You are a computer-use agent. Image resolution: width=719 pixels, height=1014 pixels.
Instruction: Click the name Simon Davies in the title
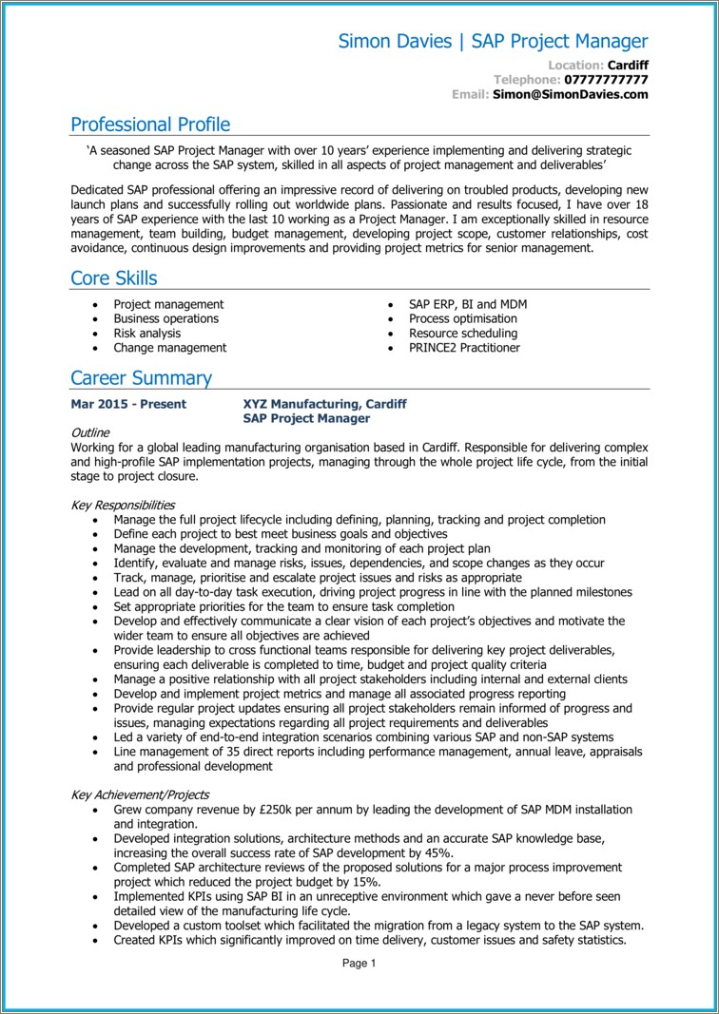pyautogui.click(x=395, y=41)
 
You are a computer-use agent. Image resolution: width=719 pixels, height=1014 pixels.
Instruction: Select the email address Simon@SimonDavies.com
pyautogui.click(x=571, y=94)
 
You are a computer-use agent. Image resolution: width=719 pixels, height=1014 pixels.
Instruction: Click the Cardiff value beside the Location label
pyautogui.click(x=628, y=65)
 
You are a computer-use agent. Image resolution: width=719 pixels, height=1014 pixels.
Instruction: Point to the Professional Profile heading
pyautogui.click(x=150, y=124)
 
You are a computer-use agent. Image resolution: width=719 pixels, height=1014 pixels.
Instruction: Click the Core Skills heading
pyautogui.click(x=114, y=278)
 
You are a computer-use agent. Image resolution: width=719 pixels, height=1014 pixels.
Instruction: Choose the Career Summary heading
pyautogui.click(x=141, y=378)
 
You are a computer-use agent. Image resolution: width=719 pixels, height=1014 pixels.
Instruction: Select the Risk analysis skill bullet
pyautogui.click(x=146, y=334)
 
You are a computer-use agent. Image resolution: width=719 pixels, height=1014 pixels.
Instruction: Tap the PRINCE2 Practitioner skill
pyautogui.click(x=464, y=348)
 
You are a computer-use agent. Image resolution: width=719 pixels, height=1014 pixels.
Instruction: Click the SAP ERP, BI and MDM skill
pyautogui.click(x=467, y=304)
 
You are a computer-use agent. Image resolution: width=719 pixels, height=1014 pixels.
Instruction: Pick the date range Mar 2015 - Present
pyautogui.click(x=128, y=404)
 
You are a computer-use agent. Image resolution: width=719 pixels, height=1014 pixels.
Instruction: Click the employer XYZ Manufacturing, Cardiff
pyautogui.click(x=324, y=404)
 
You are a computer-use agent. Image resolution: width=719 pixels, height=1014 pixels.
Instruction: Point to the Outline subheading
pyautogui.click(x=90, y=432)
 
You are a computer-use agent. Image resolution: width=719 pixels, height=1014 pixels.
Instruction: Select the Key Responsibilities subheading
pyautogui.click(x=123, y=506)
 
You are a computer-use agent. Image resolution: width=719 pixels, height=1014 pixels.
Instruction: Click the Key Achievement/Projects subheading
pyautogui.click(x=140, y=794)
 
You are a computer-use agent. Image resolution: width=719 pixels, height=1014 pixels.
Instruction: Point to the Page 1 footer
pyautogui.click(x=359, y=963)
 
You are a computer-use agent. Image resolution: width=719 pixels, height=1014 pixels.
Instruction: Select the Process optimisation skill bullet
pyautogui.click(x=463, y=319)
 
